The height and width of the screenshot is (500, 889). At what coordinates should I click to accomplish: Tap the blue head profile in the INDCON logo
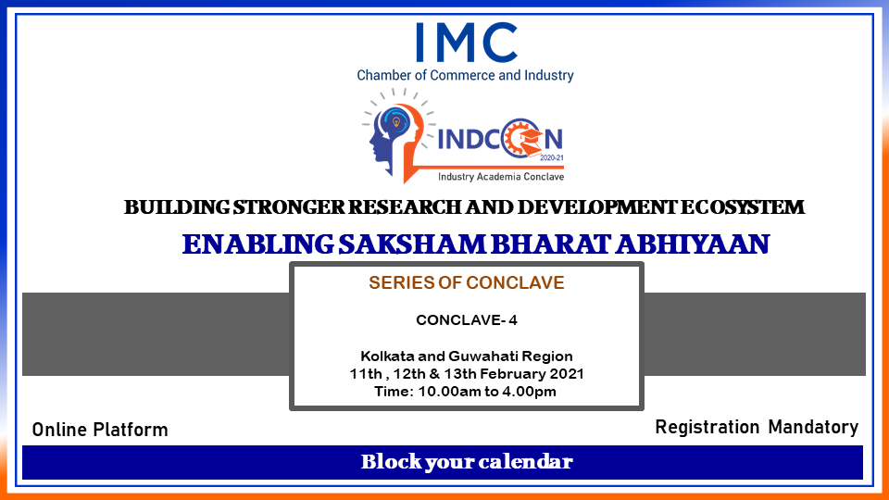point(385,139)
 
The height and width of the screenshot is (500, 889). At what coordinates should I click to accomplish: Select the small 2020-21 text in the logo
point(552,158)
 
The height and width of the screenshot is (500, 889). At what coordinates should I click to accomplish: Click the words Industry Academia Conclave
point(501,177)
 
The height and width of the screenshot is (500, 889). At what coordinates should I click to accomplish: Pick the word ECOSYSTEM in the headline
point(742,207)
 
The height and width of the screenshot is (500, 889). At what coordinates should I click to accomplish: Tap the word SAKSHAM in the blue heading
point(412,244)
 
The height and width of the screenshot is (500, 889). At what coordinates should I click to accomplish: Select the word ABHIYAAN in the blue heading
point(693,244)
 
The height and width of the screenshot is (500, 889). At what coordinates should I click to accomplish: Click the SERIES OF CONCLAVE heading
point(466,282)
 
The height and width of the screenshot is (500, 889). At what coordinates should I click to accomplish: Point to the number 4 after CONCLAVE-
point(512,320)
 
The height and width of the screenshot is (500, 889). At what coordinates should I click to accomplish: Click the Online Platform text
point(100,430)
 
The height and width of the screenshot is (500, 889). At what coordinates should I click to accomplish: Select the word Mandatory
point(813,427)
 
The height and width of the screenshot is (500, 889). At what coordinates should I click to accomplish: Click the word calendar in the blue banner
point(525,461)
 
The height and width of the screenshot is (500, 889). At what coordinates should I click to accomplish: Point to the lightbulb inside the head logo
point(396,122)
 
